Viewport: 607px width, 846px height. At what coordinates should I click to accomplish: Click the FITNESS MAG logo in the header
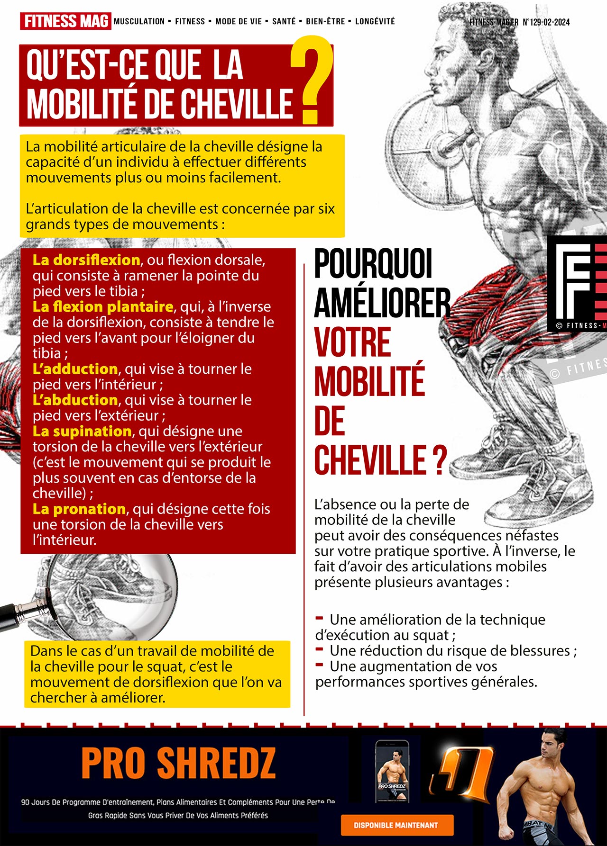click(x=65, y=21)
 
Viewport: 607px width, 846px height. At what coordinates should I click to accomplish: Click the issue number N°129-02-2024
click(x=546, y=22)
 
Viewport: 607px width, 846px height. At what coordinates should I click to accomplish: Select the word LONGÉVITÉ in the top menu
click(x=375, y=21)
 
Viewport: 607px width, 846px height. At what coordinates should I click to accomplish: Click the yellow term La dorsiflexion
click(x=86, y=260)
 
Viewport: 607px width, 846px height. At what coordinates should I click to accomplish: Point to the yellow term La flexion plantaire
click(x=102, y=306)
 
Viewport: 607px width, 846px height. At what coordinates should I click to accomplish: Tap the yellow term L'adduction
click(x=75, y=369)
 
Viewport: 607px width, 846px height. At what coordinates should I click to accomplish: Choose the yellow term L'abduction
click(x=75, y=400)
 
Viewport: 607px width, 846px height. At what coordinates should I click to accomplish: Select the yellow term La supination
click(x=82, y=431)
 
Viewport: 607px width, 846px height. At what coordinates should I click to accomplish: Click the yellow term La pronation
click(x=79, y=509)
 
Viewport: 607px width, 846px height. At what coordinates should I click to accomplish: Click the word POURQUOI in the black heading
click(x=373, y=263)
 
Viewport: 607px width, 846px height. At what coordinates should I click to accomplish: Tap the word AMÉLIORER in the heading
click(x=382, y=303)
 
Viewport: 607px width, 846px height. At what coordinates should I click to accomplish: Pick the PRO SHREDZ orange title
click(x=178, y=763)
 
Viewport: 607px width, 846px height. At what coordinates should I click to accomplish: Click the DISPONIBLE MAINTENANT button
click(x=397, y=825)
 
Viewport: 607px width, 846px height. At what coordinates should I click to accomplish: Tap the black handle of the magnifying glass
click(x=19, y=613)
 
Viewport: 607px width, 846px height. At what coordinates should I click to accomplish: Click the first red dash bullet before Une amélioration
click(x=319, y=618)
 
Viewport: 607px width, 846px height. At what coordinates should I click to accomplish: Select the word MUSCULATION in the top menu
click(x=139, y=21)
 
